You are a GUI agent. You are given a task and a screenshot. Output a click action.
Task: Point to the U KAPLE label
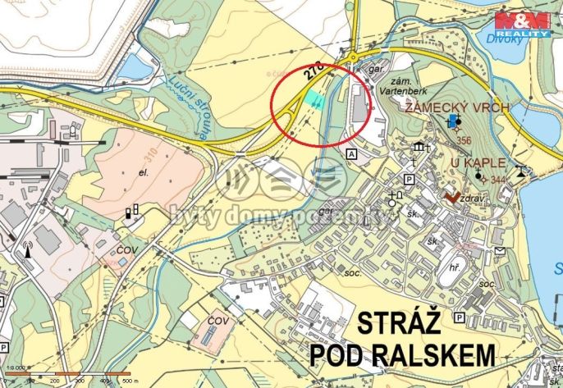pos(478,163)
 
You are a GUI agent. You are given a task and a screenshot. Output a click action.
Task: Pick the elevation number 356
pos(463,140)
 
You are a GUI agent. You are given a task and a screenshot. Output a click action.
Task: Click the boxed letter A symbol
pos(352,154)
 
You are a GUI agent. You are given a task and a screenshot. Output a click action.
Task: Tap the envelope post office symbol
pos(499,251)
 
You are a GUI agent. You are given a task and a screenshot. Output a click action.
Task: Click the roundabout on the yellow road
pos(353,57)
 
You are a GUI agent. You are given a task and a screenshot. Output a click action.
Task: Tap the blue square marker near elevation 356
pos(454,121)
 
